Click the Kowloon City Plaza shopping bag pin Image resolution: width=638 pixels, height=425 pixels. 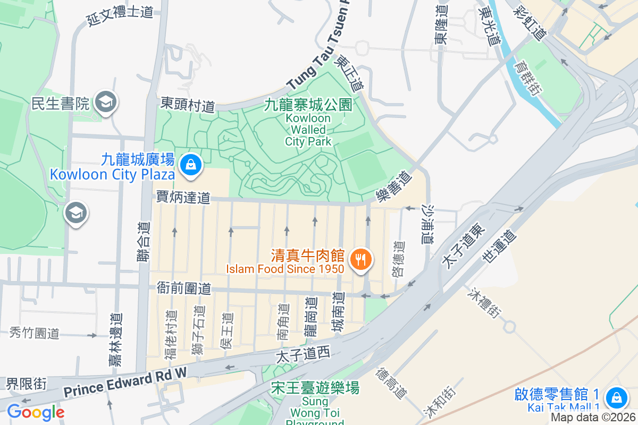point(190,165)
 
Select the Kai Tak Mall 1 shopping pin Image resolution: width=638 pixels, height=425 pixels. point(616,397)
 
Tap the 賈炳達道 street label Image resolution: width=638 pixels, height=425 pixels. point(183,198)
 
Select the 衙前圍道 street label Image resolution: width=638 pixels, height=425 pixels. point(184,288)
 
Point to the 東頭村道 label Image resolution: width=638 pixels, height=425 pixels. point(188,104)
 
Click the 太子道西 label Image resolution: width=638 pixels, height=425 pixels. point(303,353)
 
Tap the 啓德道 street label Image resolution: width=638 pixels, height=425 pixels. point(398,259)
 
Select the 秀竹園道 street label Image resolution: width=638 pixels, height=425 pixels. point(35,334)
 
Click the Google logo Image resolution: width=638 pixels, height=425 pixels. point(36,412)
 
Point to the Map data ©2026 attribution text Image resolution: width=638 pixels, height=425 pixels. point(593,418)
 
